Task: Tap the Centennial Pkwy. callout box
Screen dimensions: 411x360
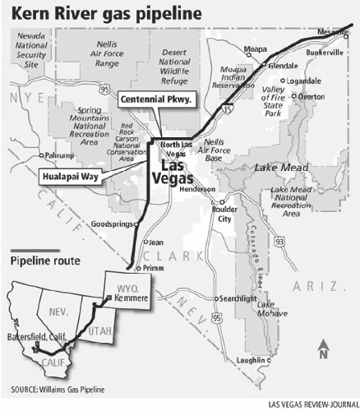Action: (155, 99)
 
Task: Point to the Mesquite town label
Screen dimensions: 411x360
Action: (334, 31)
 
